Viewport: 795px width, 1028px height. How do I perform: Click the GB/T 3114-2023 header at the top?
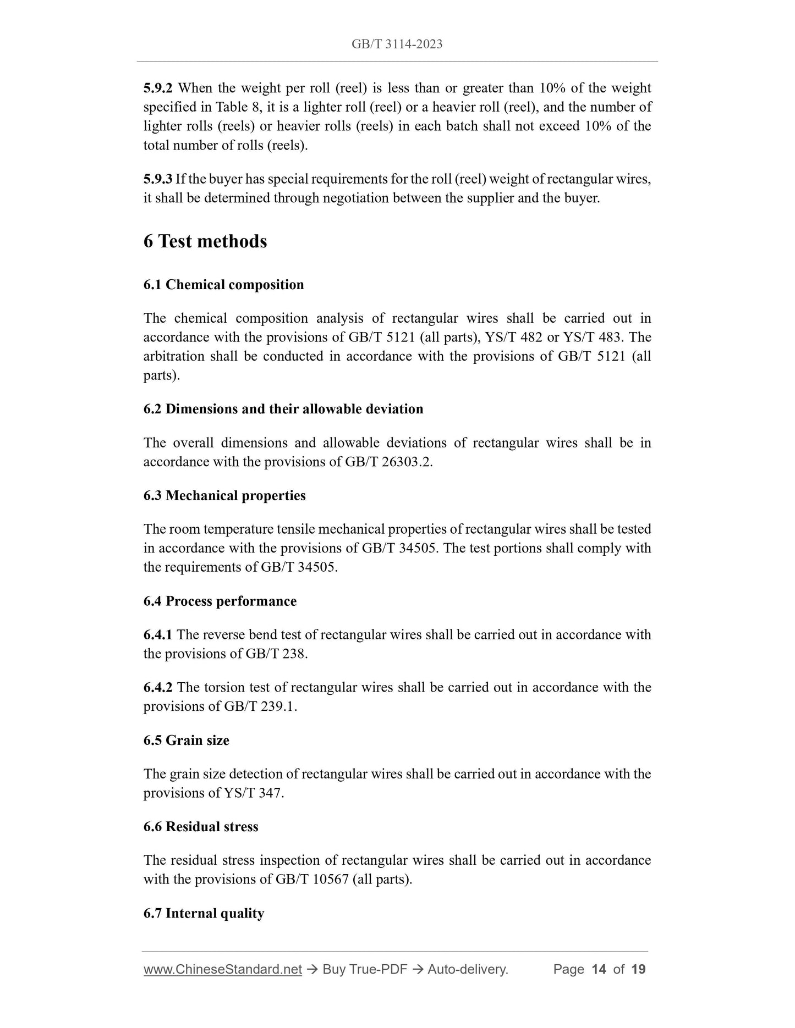point(397,44)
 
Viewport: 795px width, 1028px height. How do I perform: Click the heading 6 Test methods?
point(205,241)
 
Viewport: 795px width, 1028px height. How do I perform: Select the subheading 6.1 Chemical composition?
point(223,285)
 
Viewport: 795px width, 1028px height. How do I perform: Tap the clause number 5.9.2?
point(158,88)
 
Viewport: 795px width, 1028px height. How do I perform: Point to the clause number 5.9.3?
point(158,179)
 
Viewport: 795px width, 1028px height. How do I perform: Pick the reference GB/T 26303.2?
point(388,462)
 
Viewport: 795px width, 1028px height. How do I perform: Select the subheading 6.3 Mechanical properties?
point(224,495)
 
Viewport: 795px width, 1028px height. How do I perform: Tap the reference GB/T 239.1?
point(260,706)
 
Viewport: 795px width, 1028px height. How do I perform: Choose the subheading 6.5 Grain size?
point(187,740)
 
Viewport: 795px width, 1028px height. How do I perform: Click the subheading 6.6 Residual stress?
point(201,826)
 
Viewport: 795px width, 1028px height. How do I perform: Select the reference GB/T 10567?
point(312,879)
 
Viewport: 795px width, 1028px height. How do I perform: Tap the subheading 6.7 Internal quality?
point(204,913)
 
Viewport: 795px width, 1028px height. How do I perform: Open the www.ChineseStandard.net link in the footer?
point(223,969)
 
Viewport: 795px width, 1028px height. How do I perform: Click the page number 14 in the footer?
point(599,969)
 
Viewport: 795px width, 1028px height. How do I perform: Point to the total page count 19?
point(639,969)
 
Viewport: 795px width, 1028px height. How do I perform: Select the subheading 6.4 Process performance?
point(220,601)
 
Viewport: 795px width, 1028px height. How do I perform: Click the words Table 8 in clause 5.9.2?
point(239,107)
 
